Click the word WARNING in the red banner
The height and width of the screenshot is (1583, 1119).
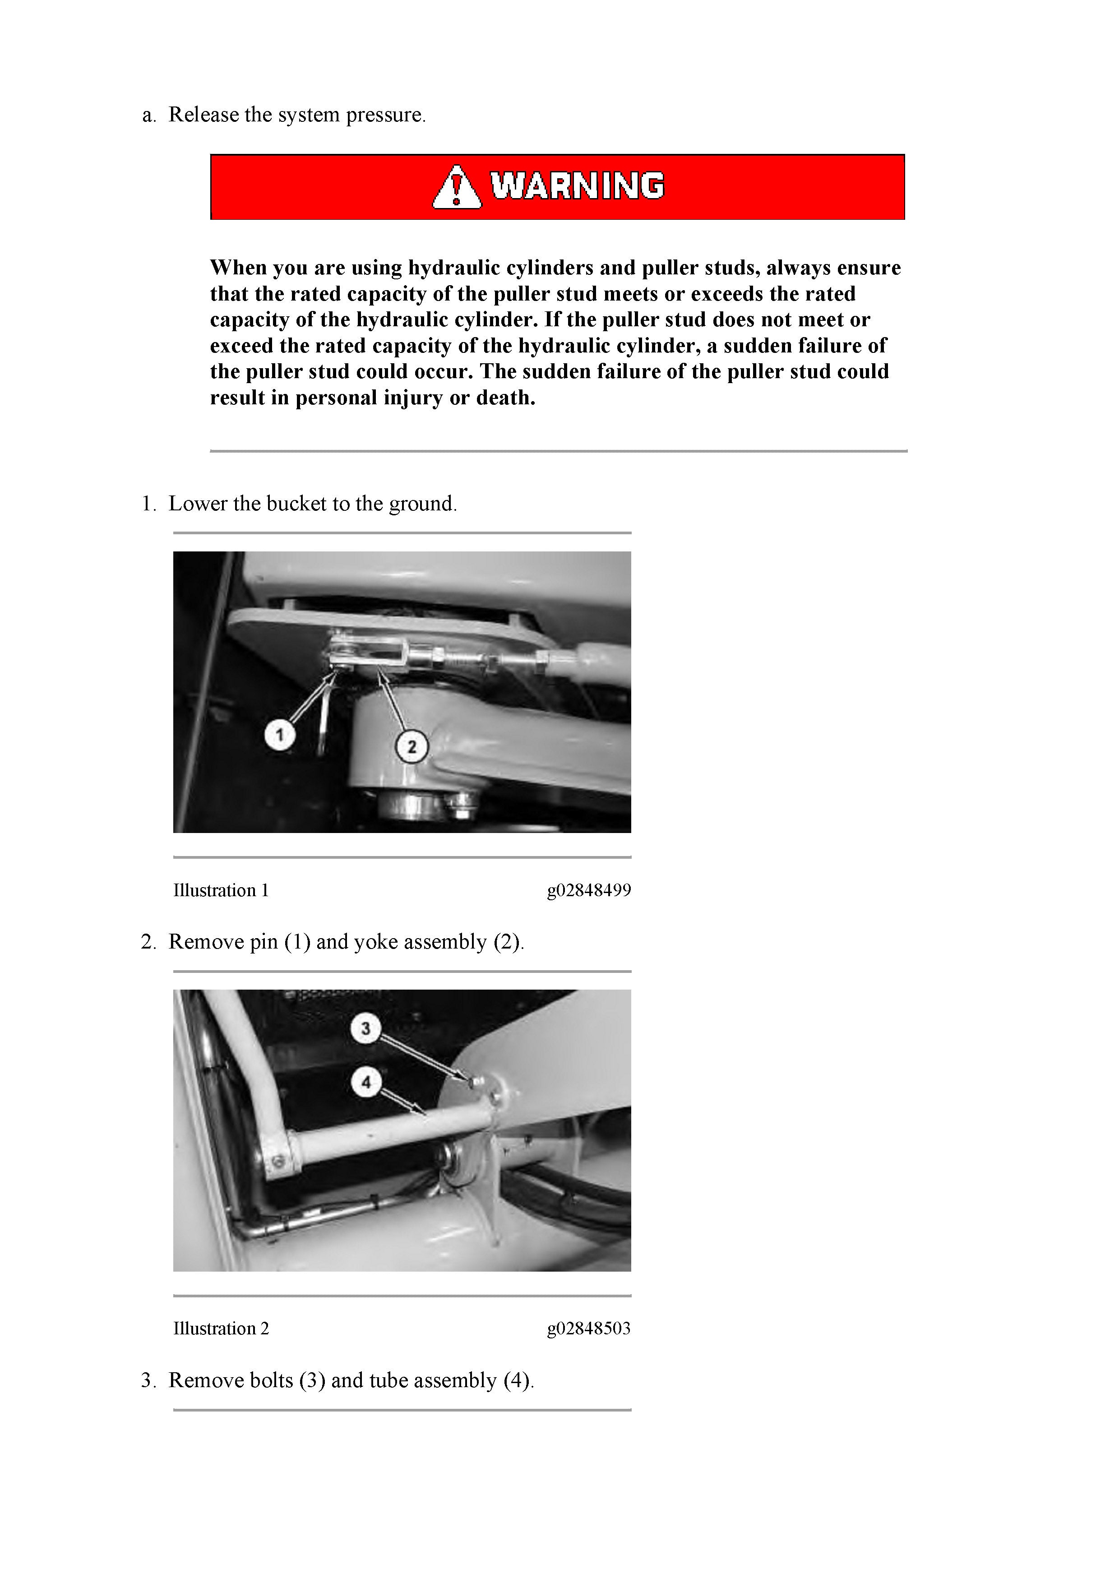click(x=577, y=186)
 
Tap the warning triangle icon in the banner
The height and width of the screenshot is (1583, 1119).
click(x=457, y=188)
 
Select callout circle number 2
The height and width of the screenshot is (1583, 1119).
click(x=412, y=747)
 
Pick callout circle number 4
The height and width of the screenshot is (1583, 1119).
click(x=365, y=1082)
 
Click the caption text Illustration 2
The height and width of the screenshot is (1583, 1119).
click(x=221, y=1328)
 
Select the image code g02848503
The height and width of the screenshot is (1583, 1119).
click(x=589, y=1328)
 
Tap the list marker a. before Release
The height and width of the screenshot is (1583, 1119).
click(x=149, y=115)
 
